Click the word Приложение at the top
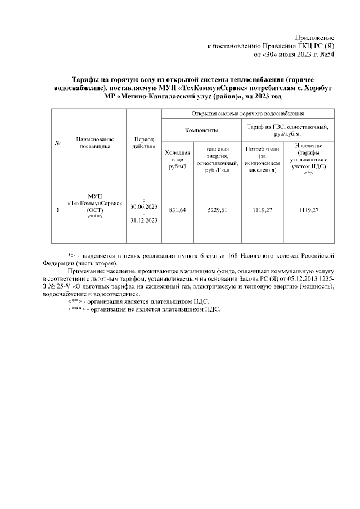[x=316, y=37]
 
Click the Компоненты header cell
[x=201, y=130]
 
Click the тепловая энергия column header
[x=217, y=160]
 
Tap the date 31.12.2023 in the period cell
[x=143, y=220]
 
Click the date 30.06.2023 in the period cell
[x=143, y=206]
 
